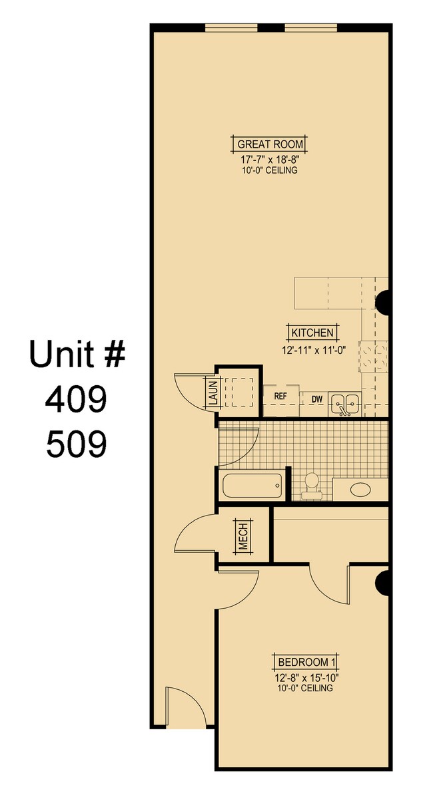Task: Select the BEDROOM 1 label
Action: [x=307, y=662]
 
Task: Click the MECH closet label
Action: [x=242, y=538]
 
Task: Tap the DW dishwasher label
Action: [x=317, y=399]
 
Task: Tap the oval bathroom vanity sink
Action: [x=360, y=490]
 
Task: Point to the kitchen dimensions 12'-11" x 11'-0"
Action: [x=312, y=346]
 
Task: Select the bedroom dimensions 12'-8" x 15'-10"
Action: [x=307, y=678]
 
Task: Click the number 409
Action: [x=76, y=399]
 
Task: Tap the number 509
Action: [x=76, y=444]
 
